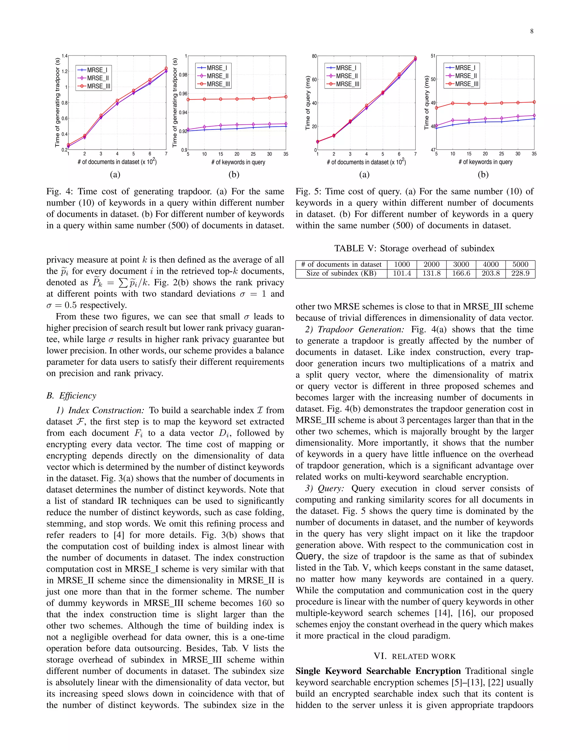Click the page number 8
point(532,31)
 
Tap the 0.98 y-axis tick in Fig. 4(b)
point(183,75)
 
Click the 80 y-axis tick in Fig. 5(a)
point(314,56)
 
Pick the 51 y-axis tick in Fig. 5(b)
point(433,56)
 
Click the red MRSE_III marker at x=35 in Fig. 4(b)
point(286,97)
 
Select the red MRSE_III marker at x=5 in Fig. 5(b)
point(436,108)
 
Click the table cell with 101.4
point(402,273)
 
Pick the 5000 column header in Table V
point(520,264)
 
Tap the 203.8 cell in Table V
point(491,273)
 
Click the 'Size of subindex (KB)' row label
point(341,273)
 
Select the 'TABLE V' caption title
point(354,248)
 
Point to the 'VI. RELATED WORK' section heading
point(414,656)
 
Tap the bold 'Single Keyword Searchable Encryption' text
point(378,671)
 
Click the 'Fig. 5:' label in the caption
point(308,192)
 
